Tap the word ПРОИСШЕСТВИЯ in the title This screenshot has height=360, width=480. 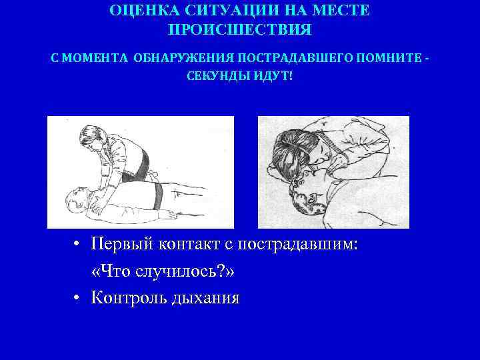239,31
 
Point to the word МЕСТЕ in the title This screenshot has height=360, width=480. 340,11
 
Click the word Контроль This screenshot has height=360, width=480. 131,297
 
